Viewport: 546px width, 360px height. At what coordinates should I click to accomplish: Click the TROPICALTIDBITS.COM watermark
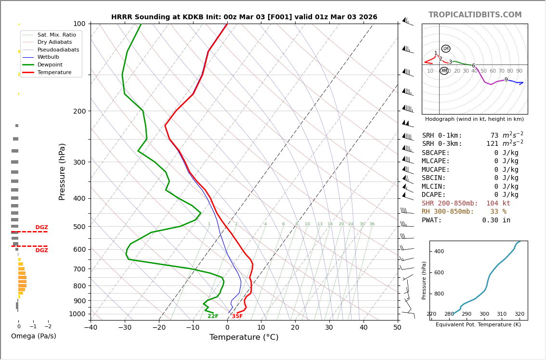click(x=475, y=15)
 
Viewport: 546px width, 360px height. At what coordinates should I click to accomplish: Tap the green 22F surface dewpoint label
click(x=213, y=316)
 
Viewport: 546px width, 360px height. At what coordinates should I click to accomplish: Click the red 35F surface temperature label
click(x=237, y=316)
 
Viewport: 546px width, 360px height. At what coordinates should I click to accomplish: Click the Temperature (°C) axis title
click(x=244, y=337)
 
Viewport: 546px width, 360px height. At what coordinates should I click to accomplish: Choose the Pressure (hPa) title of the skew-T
click(x=62, y=171)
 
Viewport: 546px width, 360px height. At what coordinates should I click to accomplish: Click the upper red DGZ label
click(x=41, y=228)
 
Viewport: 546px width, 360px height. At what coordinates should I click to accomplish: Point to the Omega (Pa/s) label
click(x=34, y=336)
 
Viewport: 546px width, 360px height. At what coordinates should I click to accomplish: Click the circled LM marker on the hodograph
click(x=446, y=49)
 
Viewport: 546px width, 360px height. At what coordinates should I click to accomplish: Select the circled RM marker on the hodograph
click(x=444, y=71)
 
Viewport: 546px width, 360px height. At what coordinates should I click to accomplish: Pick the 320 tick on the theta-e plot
click(x=520, y=314)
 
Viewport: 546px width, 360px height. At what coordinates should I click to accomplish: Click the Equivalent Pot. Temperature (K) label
click(x=478, y=324)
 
